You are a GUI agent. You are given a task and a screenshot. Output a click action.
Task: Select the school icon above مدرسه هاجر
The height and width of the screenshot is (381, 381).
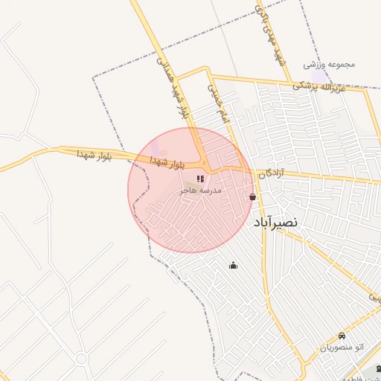(x=201, y=179)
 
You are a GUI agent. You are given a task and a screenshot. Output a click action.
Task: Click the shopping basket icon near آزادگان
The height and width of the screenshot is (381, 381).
(x=253, y=197)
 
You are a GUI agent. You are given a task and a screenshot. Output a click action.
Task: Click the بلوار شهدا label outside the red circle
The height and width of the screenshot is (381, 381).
(x=94, y=154)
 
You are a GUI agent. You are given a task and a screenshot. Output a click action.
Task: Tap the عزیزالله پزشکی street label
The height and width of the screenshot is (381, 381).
(x=328, y=84)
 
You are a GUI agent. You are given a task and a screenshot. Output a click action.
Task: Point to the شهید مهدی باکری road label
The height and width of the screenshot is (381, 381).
(x=271, y=37)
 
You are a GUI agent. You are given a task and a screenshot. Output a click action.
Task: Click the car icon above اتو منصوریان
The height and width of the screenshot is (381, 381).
(x=342, y=336)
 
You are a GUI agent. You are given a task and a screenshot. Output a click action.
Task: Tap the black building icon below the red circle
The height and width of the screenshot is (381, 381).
(x=233, y=266)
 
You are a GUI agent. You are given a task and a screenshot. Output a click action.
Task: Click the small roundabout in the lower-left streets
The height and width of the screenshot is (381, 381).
(x=81, y=359)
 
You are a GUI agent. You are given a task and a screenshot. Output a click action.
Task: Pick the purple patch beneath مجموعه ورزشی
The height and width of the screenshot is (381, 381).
(x=319, y=77)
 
